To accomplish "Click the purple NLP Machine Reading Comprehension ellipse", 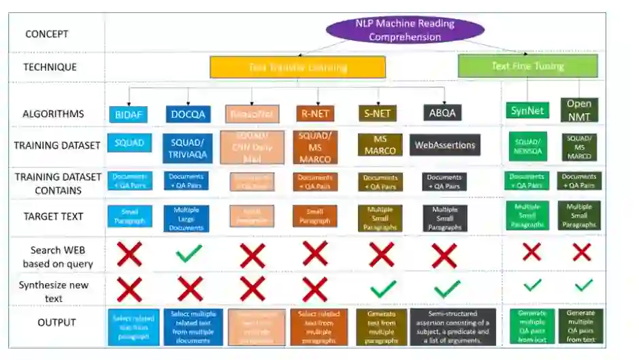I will point(405,30).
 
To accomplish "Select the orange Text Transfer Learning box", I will point(297,67).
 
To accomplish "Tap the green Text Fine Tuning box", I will point(527,66).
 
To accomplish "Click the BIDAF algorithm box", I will point(128,114).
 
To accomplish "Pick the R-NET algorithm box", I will point(314,114).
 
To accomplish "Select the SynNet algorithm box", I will point(527,110).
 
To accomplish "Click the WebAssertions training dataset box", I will point(445,145).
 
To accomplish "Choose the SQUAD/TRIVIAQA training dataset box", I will point(186,148).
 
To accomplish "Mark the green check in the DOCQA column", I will point(189,254).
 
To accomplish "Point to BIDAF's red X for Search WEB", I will point(129,255).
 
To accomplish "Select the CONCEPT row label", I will point(47,33).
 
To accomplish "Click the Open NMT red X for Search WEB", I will point(582,252).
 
